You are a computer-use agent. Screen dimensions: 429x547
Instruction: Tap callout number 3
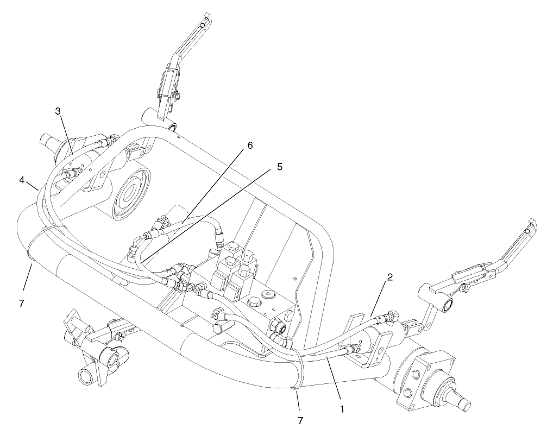tap(58, 111)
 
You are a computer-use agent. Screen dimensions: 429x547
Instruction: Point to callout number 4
tap(22, 179)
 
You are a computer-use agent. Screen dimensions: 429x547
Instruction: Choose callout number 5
tap(279, 167)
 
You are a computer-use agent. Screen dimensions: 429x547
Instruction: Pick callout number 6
tap(250, 146)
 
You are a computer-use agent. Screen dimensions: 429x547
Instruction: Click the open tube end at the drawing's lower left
tap(86, 376)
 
